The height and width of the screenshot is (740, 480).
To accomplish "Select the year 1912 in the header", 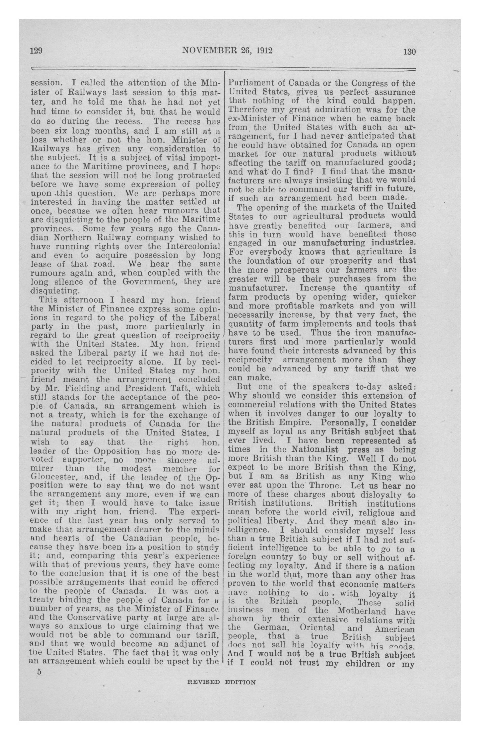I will click(264, 50).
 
